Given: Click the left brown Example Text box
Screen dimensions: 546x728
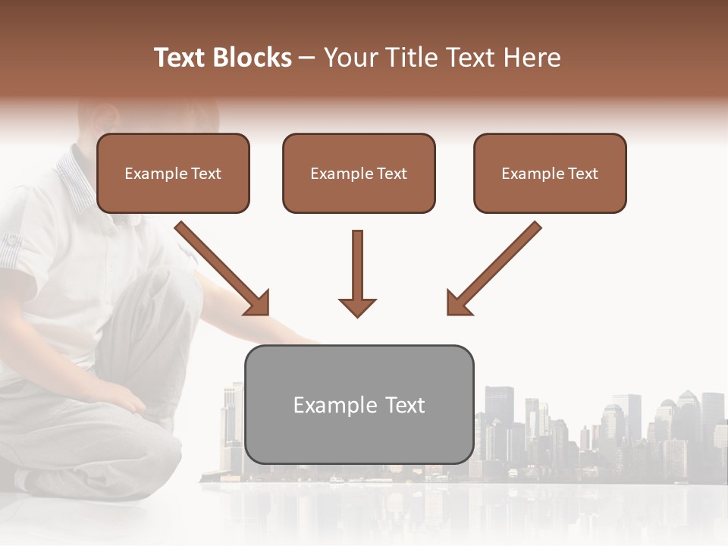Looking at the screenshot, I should [x=173, y=174].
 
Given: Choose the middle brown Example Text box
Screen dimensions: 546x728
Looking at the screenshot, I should [x=359, y=174].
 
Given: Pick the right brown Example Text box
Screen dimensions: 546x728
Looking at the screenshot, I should [x=550, y=174].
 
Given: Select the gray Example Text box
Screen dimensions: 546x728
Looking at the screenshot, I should [x=359, y=405].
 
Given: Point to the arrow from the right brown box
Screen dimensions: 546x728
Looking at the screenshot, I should [x=494, y=268].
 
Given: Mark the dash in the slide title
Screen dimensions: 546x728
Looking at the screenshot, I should [x=307, y=58].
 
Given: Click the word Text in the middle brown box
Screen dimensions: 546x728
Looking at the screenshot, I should [x=392, y=174].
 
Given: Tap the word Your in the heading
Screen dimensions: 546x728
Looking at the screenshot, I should [x=350, y=58].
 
